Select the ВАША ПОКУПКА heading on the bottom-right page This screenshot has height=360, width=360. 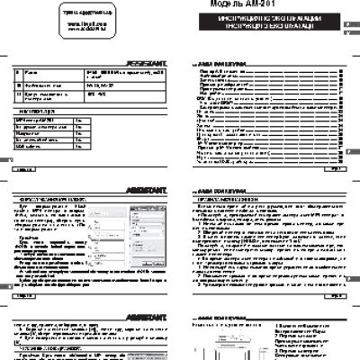tap(220, 319)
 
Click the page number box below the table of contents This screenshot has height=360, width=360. tap(332, 167)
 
